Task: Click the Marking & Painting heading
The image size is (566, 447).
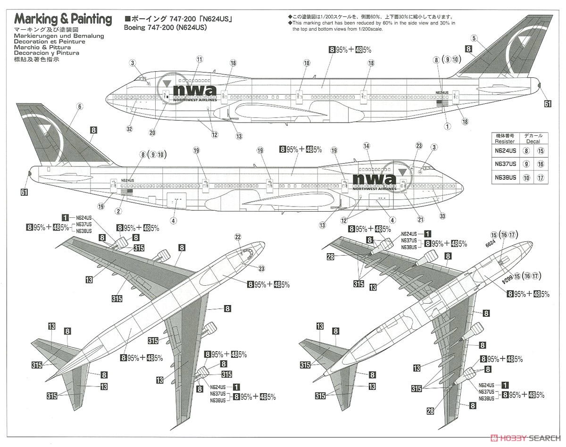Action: pyautogui.click(x=63, y=19)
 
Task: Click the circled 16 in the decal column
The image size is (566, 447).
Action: pyautogui.click(x=541, y=165)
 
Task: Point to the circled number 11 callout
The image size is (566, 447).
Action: pyautogui.click(x=200, y=59)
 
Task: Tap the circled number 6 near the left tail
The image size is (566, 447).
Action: pyautogui.click(x=79, y=107)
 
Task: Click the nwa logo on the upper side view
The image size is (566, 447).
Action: pyautogui.click(x=194, y=91)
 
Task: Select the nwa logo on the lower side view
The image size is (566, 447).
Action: pyautogui.click(x=375, y=179)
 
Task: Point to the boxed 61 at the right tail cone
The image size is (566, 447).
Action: pyautogui.click(x=547, y=104)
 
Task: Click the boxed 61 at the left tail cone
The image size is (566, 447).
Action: pyautogui.click(x=25, y=192)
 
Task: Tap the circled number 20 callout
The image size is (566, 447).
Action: pyautogui.click(x=152, y=132)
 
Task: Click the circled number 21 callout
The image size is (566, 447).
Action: pyautogui.click(x=421, y=219)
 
